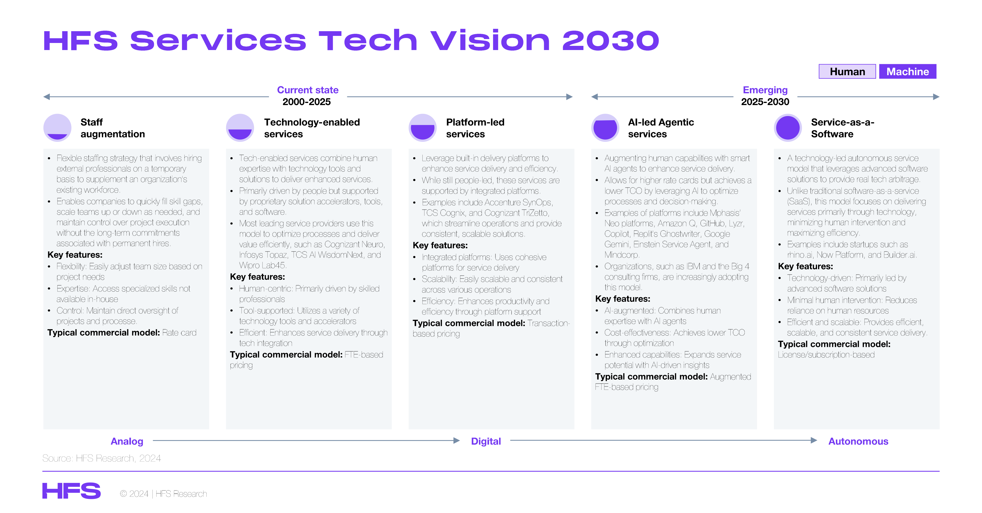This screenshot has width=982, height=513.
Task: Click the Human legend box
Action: (x=847, y=71)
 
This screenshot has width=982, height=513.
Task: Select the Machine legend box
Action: (x=908, y=71)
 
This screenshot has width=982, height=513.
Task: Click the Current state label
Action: (x=308, y=90)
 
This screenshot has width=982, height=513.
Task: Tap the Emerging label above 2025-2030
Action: (x=765, y=90)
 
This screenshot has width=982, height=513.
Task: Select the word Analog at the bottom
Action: (x=127, y=441)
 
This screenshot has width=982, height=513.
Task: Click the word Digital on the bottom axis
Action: (x=486, y=441)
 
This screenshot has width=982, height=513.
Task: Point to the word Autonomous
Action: (x=858, y=441)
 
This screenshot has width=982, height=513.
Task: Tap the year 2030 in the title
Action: (x=611, y=40)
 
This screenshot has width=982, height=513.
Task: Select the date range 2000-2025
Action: (x=306, y=102)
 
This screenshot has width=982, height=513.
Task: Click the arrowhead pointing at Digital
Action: (x=457, y=440)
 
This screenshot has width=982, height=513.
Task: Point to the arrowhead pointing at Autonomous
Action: (x=814, y=440)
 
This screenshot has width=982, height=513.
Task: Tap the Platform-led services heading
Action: (x=475, y=128)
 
